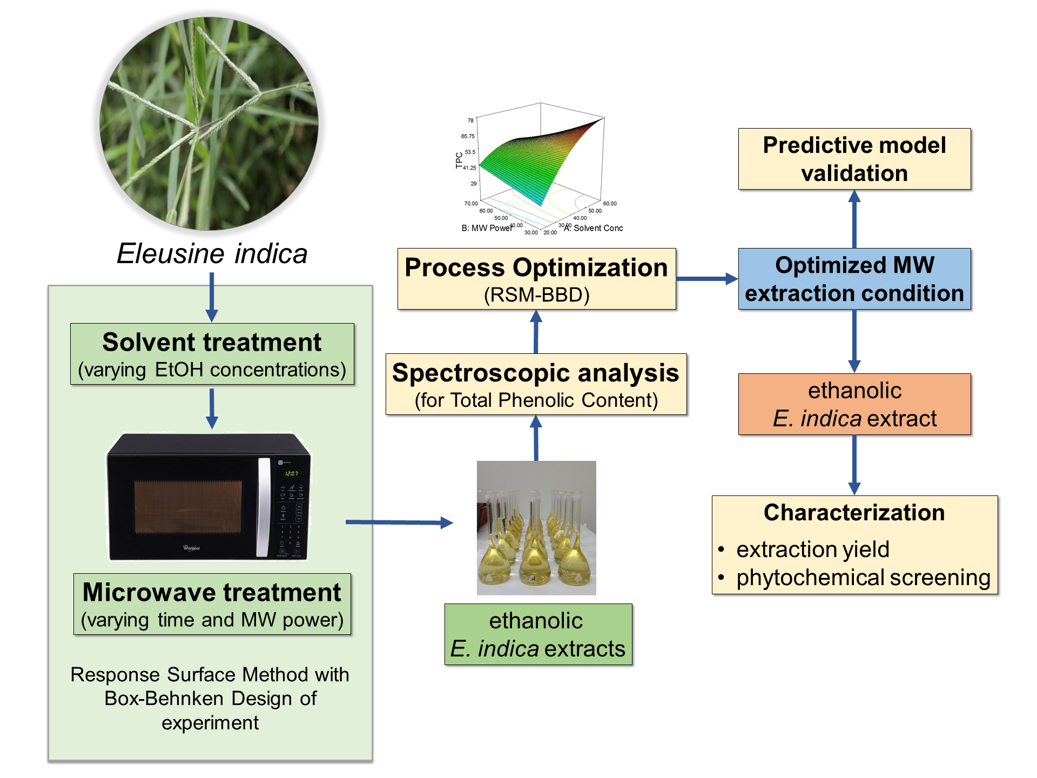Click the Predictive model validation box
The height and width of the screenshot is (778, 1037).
854,159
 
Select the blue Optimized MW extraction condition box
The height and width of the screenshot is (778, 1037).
854,279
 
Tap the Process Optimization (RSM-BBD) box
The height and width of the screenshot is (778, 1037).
536,279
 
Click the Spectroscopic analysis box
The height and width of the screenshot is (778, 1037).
536,384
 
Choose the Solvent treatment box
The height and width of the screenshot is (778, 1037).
212,354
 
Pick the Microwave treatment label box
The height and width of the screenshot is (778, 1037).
212,604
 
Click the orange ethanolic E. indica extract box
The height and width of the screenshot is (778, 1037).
854,404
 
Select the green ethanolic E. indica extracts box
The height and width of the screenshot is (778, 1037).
538,634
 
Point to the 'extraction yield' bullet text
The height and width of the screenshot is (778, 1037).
812,549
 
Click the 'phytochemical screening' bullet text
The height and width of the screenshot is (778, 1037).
863,578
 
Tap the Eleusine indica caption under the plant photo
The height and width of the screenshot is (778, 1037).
212,253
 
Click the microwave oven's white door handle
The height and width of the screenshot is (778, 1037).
264,507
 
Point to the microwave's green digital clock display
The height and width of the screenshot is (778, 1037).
292,473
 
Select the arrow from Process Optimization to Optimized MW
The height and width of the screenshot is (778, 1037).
706,279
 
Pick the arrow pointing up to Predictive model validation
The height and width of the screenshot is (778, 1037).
854,219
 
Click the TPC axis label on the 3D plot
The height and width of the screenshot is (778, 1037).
459,160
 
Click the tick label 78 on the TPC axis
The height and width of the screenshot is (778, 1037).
470,120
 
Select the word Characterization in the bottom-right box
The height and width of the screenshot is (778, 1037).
854,513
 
